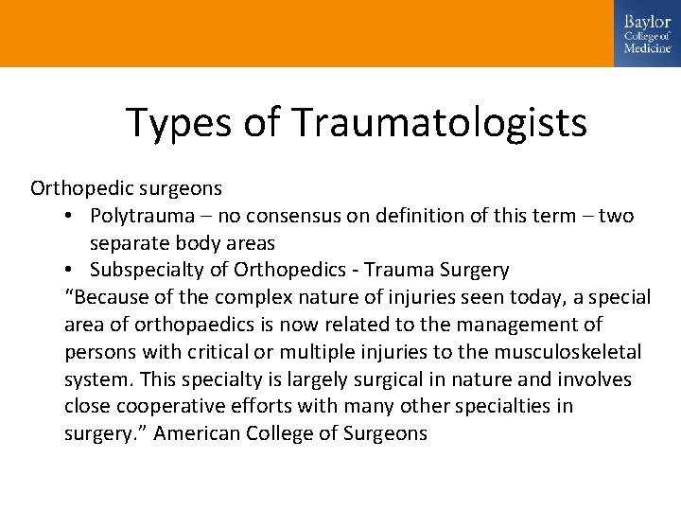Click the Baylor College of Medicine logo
pyautogui.click(x=647, y=33)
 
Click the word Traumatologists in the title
pyautogui.click(x=440, y=122)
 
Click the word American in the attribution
pyautogui.click(x=196, y=434)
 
